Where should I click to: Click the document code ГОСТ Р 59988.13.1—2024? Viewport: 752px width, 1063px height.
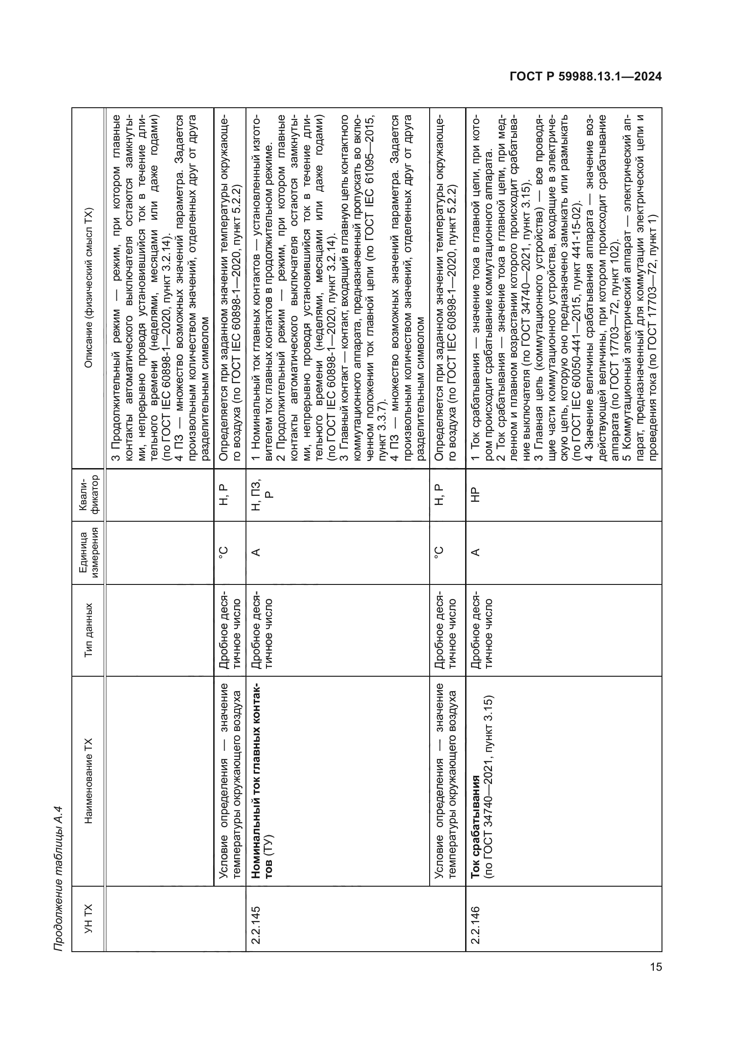point(585,76)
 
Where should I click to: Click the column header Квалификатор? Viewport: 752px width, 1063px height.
point(89,495)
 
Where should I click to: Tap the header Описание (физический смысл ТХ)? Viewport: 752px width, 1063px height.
point(89,288)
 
